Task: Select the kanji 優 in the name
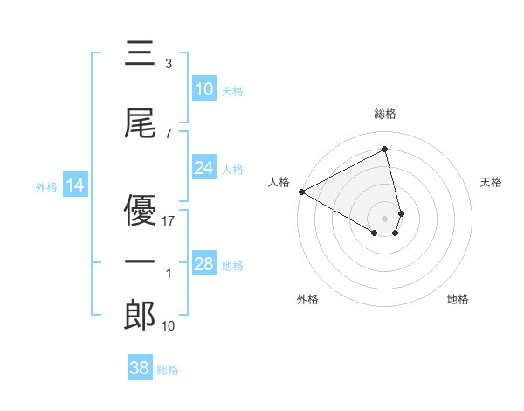click(140, 210)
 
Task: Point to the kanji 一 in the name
click(140, 262)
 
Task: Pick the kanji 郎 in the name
click(140, 316)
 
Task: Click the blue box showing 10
click(204, 89)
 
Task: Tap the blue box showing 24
click(204, 168)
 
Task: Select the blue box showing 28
click(204, 264)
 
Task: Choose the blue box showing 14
click(75, 185)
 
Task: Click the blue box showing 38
click(140, 369)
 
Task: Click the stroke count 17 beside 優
click(169, 220)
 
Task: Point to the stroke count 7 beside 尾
click(169, 134)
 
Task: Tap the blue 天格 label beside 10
click(232, 90)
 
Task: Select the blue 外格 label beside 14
click(46, 186)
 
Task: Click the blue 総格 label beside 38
click(168, 370)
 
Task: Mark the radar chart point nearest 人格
click(301, 192)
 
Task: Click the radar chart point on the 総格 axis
click(385, 149)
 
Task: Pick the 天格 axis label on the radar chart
click(491, 182)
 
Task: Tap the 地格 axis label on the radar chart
click(458, 299)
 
